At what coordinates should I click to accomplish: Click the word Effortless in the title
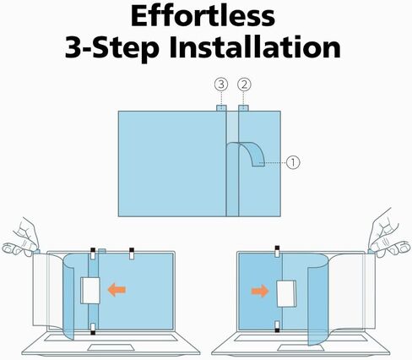point(203,15)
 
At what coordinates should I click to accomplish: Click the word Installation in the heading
point(255,47)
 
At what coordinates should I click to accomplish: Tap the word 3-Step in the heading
point(112,48)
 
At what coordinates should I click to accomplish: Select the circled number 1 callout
point(293,162)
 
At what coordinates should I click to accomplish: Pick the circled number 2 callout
point(244,85)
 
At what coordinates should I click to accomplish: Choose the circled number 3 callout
point(221,85)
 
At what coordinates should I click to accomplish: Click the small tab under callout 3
point(221,108)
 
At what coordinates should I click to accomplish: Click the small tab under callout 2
point(243,108)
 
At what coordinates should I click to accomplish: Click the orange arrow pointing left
point(117,290)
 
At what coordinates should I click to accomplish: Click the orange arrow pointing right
point(260,291)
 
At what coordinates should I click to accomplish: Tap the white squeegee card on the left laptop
point(90,291)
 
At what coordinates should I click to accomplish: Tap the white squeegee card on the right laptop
point(286,293)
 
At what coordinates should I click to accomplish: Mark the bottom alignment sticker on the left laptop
point(93,329)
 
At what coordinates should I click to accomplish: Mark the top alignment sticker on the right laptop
point(277,251)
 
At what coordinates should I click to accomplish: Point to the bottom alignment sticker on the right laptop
point(277,326)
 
